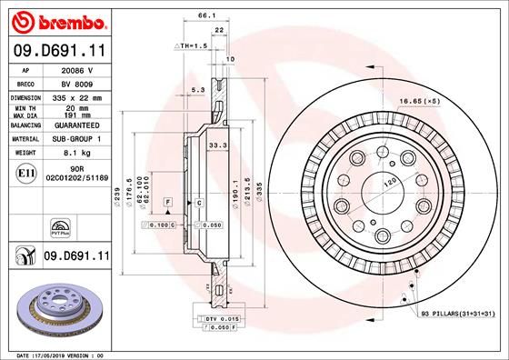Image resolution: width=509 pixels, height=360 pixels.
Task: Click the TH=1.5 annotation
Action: pyautogui.click(x=192, y=45)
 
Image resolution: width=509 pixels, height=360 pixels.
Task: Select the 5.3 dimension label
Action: pyautogui.click(x=197, y=89)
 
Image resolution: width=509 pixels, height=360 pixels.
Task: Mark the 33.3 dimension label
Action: pyautogui.click(x=217, y=144)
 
